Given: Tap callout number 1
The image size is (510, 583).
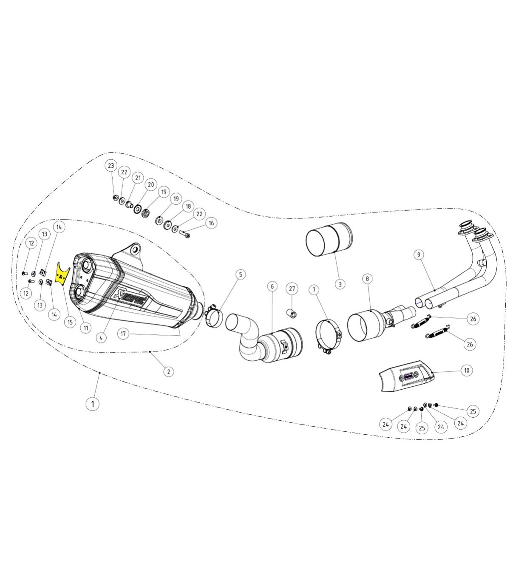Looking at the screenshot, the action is point(93,404).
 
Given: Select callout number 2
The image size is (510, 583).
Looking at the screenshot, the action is point(169,371).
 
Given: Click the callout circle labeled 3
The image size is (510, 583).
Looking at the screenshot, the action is point(340,284).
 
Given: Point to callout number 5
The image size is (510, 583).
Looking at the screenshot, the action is point(241,275).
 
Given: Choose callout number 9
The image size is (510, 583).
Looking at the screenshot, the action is point(419,255).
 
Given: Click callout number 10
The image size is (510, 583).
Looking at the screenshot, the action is point(467,371).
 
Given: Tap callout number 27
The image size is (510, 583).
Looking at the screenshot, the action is point(292,289).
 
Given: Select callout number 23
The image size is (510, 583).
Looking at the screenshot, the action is point(111,166).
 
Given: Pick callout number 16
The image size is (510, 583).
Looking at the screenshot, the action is point(211,223).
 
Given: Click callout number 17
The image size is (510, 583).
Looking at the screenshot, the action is point(123,334).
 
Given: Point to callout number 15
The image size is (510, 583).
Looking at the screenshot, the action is point(70,322).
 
